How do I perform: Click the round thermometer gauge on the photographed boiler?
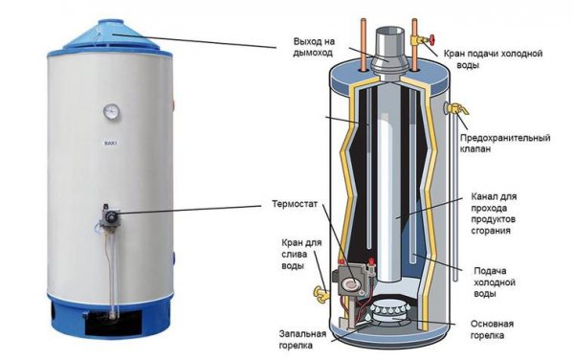[110, 111]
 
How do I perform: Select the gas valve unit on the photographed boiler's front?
[109, 218]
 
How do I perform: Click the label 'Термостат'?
[295, 204]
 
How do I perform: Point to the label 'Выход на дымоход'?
[314, 47]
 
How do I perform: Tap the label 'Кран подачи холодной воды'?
[493, 59]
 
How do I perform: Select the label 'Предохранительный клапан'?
[505, 144]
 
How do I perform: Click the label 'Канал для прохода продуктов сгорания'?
[494, 214]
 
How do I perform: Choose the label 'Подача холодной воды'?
[495, 282]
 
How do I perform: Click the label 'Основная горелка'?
[492, 329]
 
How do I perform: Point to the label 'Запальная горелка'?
[302, 340]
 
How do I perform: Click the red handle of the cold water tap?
[432, 39]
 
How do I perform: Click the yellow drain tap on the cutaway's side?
[321, 293]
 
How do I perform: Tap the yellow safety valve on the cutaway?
[455, 109]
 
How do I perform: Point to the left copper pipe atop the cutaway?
[364, 44]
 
